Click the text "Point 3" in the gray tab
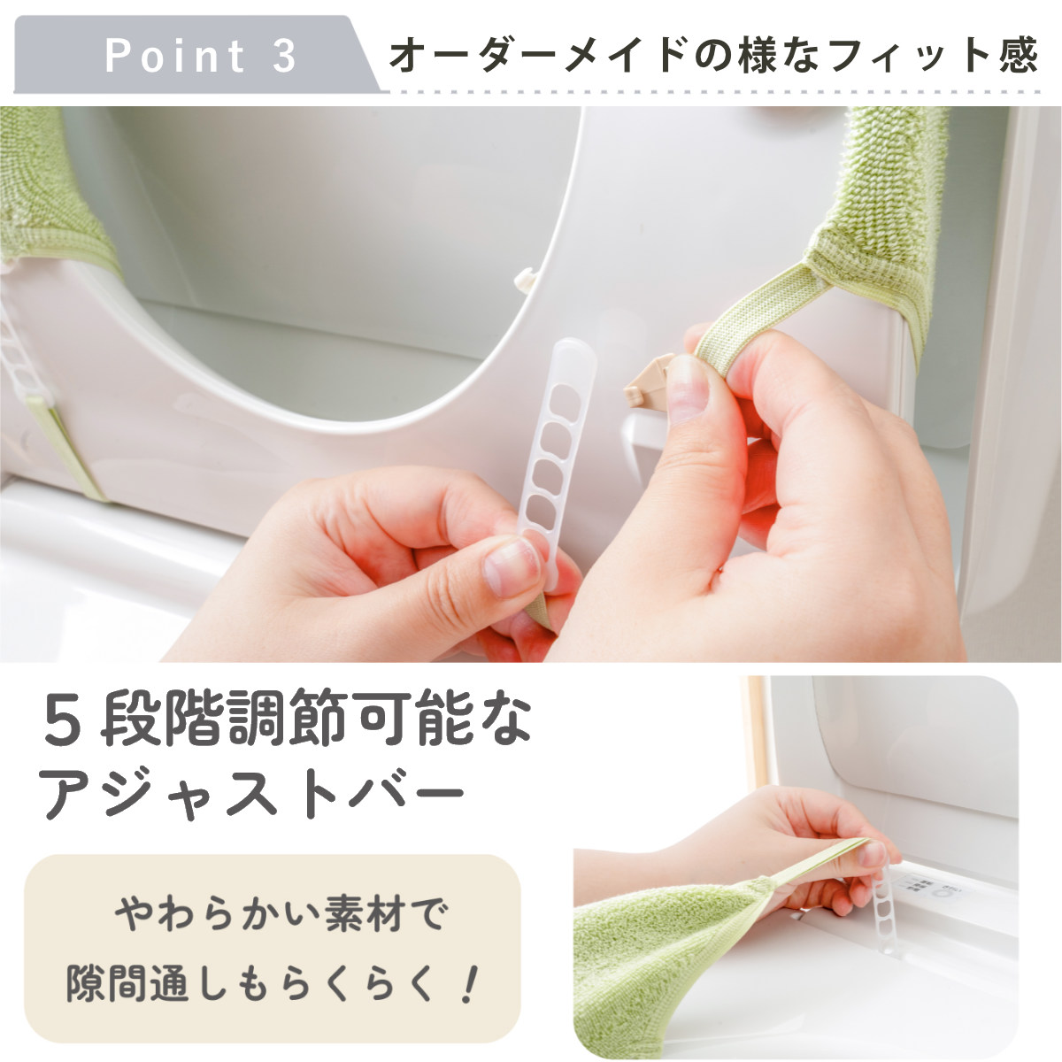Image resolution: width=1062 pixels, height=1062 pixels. (x=201, y=56)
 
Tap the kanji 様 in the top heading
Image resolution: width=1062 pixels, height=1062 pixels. (x=759, y=56)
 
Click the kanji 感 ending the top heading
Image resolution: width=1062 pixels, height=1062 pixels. (x=1018, y=56)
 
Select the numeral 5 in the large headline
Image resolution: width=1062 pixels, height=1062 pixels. (x=64, y=720)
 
